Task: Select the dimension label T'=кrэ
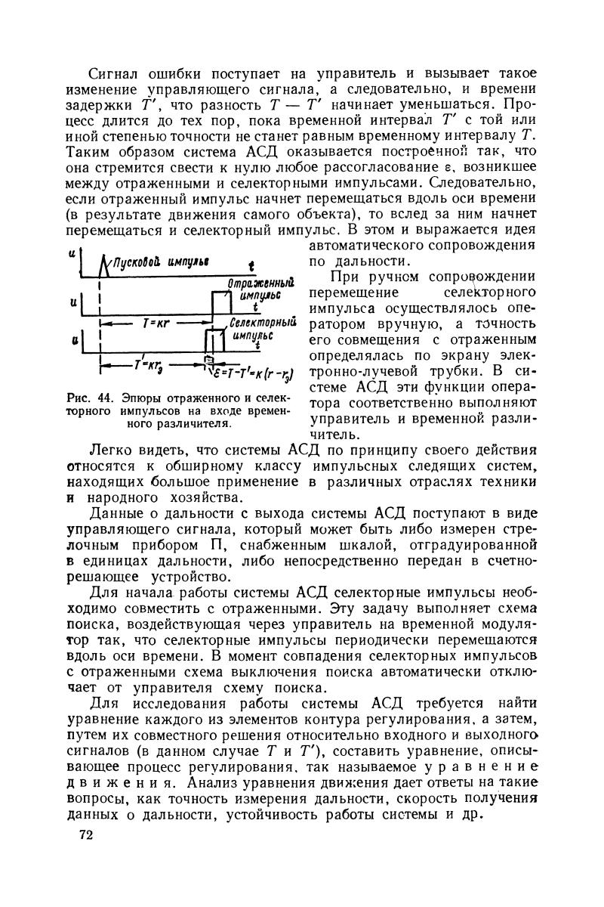[144, 365]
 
